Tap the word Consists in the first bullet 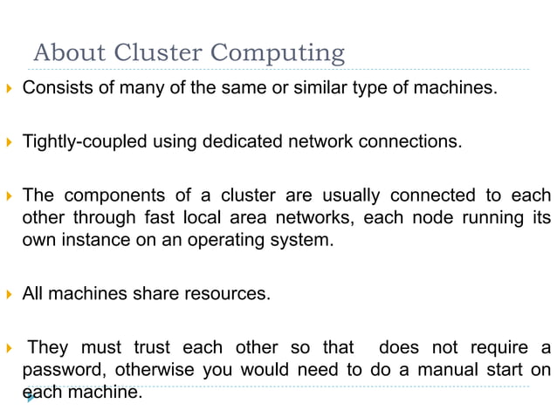55,88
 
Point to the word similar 324,88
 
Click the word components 111,194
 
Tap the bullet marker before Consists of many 9,88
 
